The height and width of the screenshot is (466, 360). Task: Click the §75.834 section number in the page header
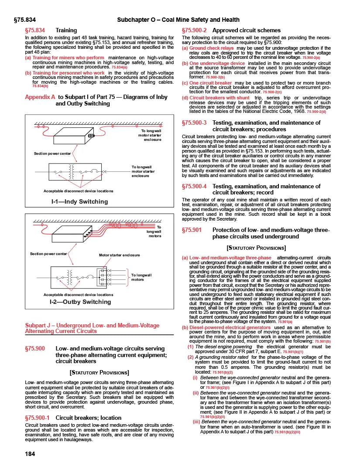click(24, 20)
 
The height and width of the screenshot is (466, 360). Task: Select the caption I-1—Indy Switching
click(79, 201)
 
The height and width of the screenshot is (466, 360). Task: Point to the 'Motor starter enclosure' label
click(120, 255)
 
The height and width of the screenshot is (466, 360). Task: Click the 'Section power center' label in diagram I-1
click(52, 153)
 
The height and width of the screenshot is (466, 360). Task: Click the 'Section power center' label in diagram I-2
click(48, 253)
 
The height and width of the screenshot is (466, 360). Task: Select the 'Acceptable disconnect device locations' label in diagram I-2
click(79, 295)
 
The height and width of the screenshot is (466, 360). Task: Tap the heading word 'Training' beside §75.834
click(66, 31)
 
